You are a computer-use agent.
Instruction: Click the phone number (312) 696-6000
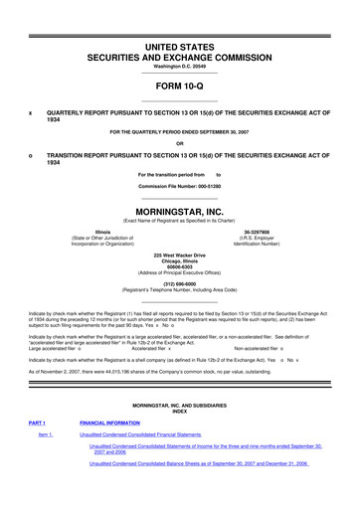179,280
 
